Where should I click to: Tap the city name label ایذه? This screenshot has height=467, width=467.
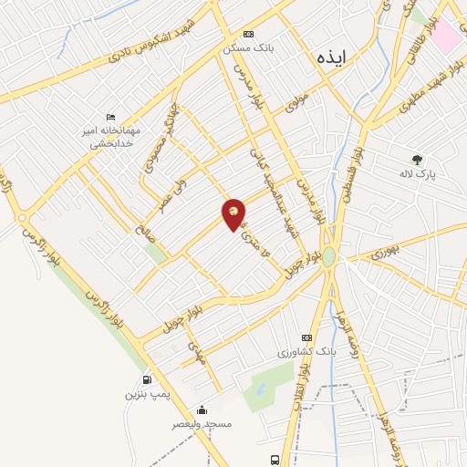[329, 55]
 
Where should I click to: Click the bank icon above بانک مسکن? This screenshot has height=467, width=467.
[247, 34]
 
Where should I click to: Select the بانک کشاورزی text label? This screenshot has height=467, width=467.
[306, 351]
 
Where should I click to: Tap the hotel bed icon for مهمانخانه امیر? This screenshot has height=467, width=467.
[111, 117]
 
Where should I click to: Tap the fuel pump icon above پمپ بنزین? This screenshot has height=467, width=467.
[147, 379]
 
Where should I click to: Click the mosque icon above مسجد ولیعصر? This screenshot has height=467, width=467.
[202, 410]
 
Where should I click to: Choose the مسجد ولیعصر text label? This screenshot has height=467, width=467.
[203, 424]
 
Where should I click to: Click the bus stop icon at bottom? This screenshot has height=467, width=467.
[275, 460]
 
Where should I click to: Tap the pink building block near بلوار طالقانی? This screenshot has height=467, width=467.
[445, 35]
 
